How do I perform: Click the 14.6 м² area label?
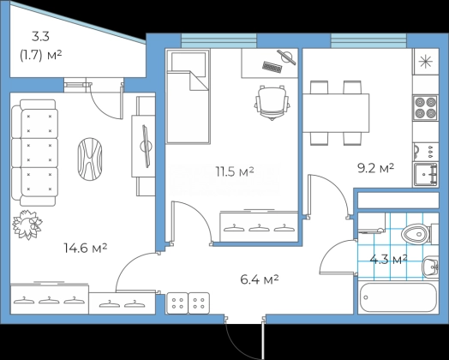tap(86, 248)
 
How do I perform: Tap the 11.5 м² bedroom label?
tap(235, 171)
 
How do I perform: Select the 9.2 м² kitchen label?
tap(375, 168)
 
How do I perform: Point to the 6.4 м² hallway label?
tap(260, 279)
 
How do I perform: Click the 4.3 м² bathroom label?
tap(388, 260)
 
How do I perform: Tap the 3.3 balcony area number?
tap(40, 37)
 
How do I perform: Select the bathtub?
tap(398, 297)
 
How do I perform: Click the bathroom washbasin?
tap(430, 267)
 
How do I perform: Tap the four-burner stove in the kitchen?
tap(425, 108)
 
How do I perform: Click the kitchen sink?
tap(426, 174)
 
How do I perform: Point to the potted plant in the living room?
tap(27, 225)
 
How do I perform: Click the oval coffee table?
tap(90, 159)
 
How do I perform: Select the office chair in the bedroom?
tap(272, 102)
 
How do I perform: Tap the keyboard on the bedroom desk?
tap(272, 68)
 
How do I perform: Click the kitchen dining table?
tap(336, 113)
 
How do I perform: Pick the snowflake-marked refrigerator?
tap(426, 62)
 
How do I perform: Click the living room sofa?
tap(34, 153)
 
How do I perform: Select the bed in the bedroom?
tap(188, 97)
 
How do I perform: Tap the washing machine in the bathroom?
tap(371, 223)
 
